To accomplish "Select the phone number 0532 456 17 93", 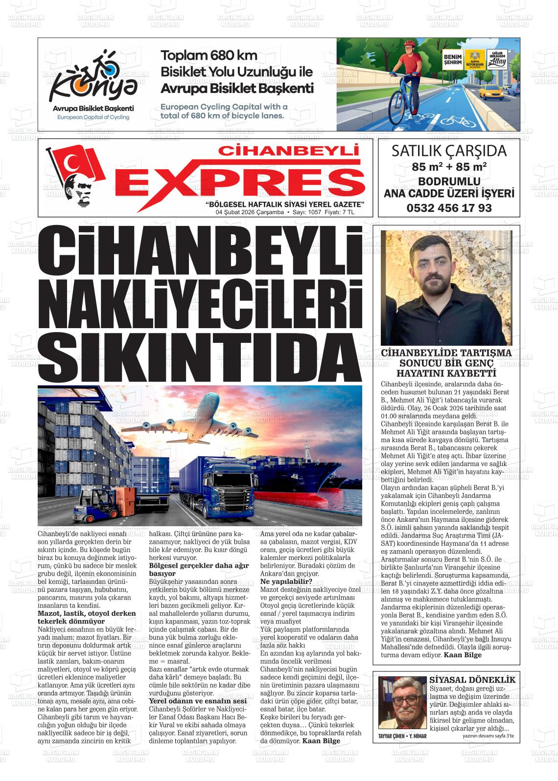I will click(x=449, y=207).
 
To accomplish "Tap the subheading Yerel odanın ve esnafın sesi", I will click(x=197, y=701).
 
